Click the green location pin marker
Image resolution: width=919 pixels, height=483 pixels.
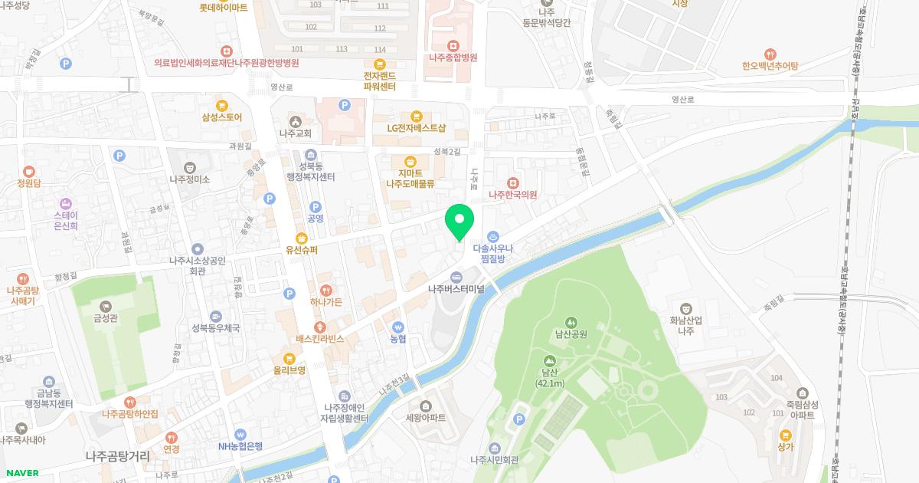click(459, 222)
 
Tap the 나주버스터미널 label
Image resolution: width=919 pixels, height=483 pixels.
click(456, 289)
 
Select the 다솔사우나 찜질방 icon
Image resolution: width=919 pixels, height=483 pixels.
click(494, 236)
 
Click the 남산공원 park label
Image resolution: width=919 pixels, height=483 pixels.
click(571, 334)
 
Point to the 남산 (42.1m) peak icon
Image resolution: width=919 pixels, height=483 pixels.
click(550, 360)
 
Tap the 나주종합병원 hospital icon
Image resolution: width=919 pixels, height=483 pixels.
click(453, 44)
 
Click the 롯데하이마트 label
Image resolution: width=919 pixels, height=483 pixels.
click(224, 8)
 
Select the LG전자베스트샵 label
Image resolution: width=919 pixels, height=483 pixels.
click(416, 128)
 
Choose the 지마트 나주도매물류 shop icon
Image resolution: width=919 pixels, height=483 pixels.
click(410, 161)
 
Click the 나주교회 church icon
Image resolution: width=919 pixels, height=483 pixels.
click(296, 121)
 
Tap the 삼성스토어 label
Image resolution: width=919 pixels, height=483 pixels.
click(222, 117)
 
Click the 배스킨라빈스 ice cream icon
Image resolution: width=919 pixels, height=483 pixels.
click(321, 327)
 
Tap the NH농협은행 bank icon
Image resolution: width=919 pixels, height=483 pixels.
click(240, 434)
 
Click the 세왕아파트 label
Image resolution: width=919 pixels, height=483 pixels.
click(425, 419)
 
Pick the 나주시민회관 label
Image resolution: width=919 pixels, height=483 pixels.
click(494, 460)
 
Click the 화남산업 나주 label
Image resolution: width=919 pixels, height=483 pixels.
click(686, 326)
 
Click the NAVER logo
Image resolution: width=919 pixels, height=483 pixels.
click(22, 473)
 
